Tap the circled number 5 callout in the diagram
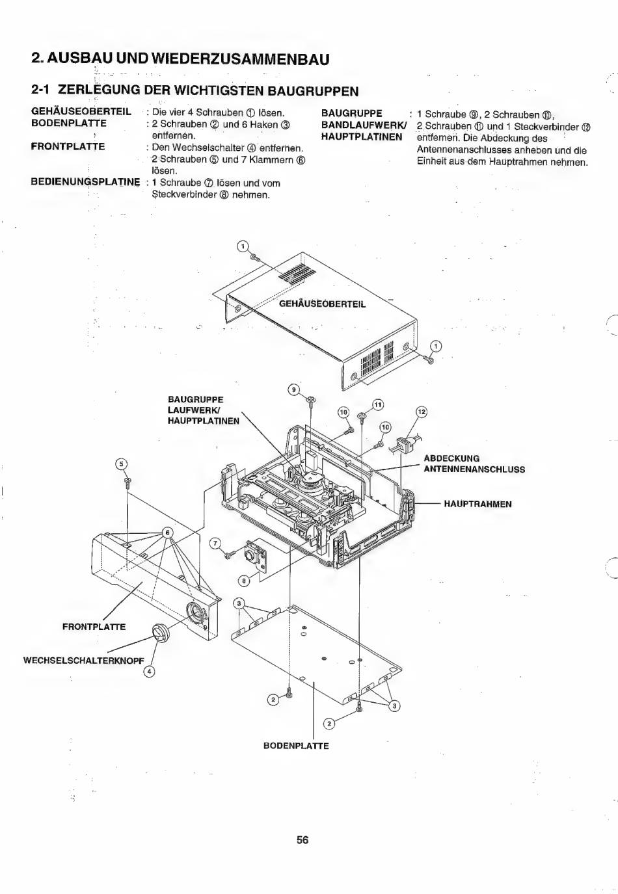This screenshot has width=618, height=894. point(120,464)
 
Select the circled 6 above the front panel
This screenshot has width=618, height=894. point(167,532)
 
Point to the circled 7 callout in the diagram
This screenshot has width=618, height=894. point(215,544)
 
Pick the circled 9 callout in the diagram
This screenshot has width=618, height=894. point(293,389)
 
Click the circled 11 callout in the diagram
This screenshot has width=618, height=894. point(378,405)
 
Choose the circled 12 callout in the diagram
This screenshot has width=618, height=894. point(421,412)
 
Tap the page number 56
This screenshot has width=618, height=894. point(302,839)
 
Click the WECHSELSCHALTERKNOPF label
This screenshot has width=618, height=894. point(83,661)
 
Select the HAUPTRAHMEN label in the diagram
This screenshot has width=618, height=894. point(477,504)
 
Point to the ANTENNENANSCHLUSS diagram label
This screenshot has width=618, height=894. point(474,469)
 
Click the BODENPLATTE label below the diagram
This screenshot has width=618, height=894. point(296,746)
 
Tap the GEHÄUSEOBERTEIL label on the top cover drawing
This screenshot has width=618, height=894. point(322,304)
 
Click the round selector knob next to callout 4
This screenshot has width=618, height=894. point(159,633)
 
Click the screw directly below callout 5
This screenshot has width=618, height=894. point(127,482)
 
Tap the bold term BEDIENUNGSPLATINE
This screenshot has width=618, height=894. point(85,181)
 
